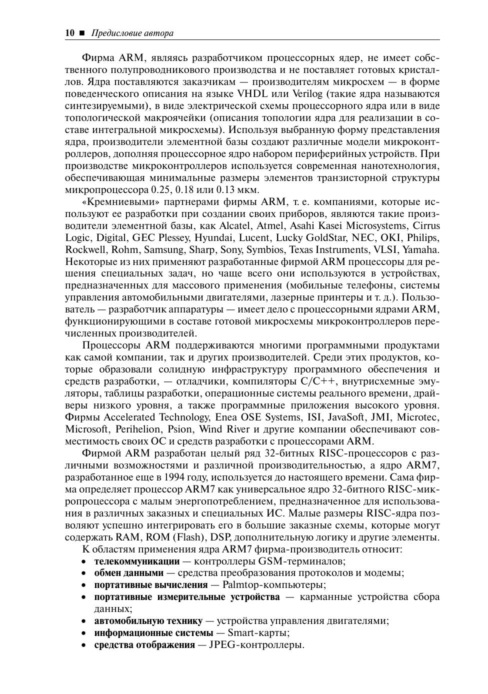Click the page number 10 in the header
point(69,33)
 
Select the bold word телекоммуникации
point(136,561)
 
